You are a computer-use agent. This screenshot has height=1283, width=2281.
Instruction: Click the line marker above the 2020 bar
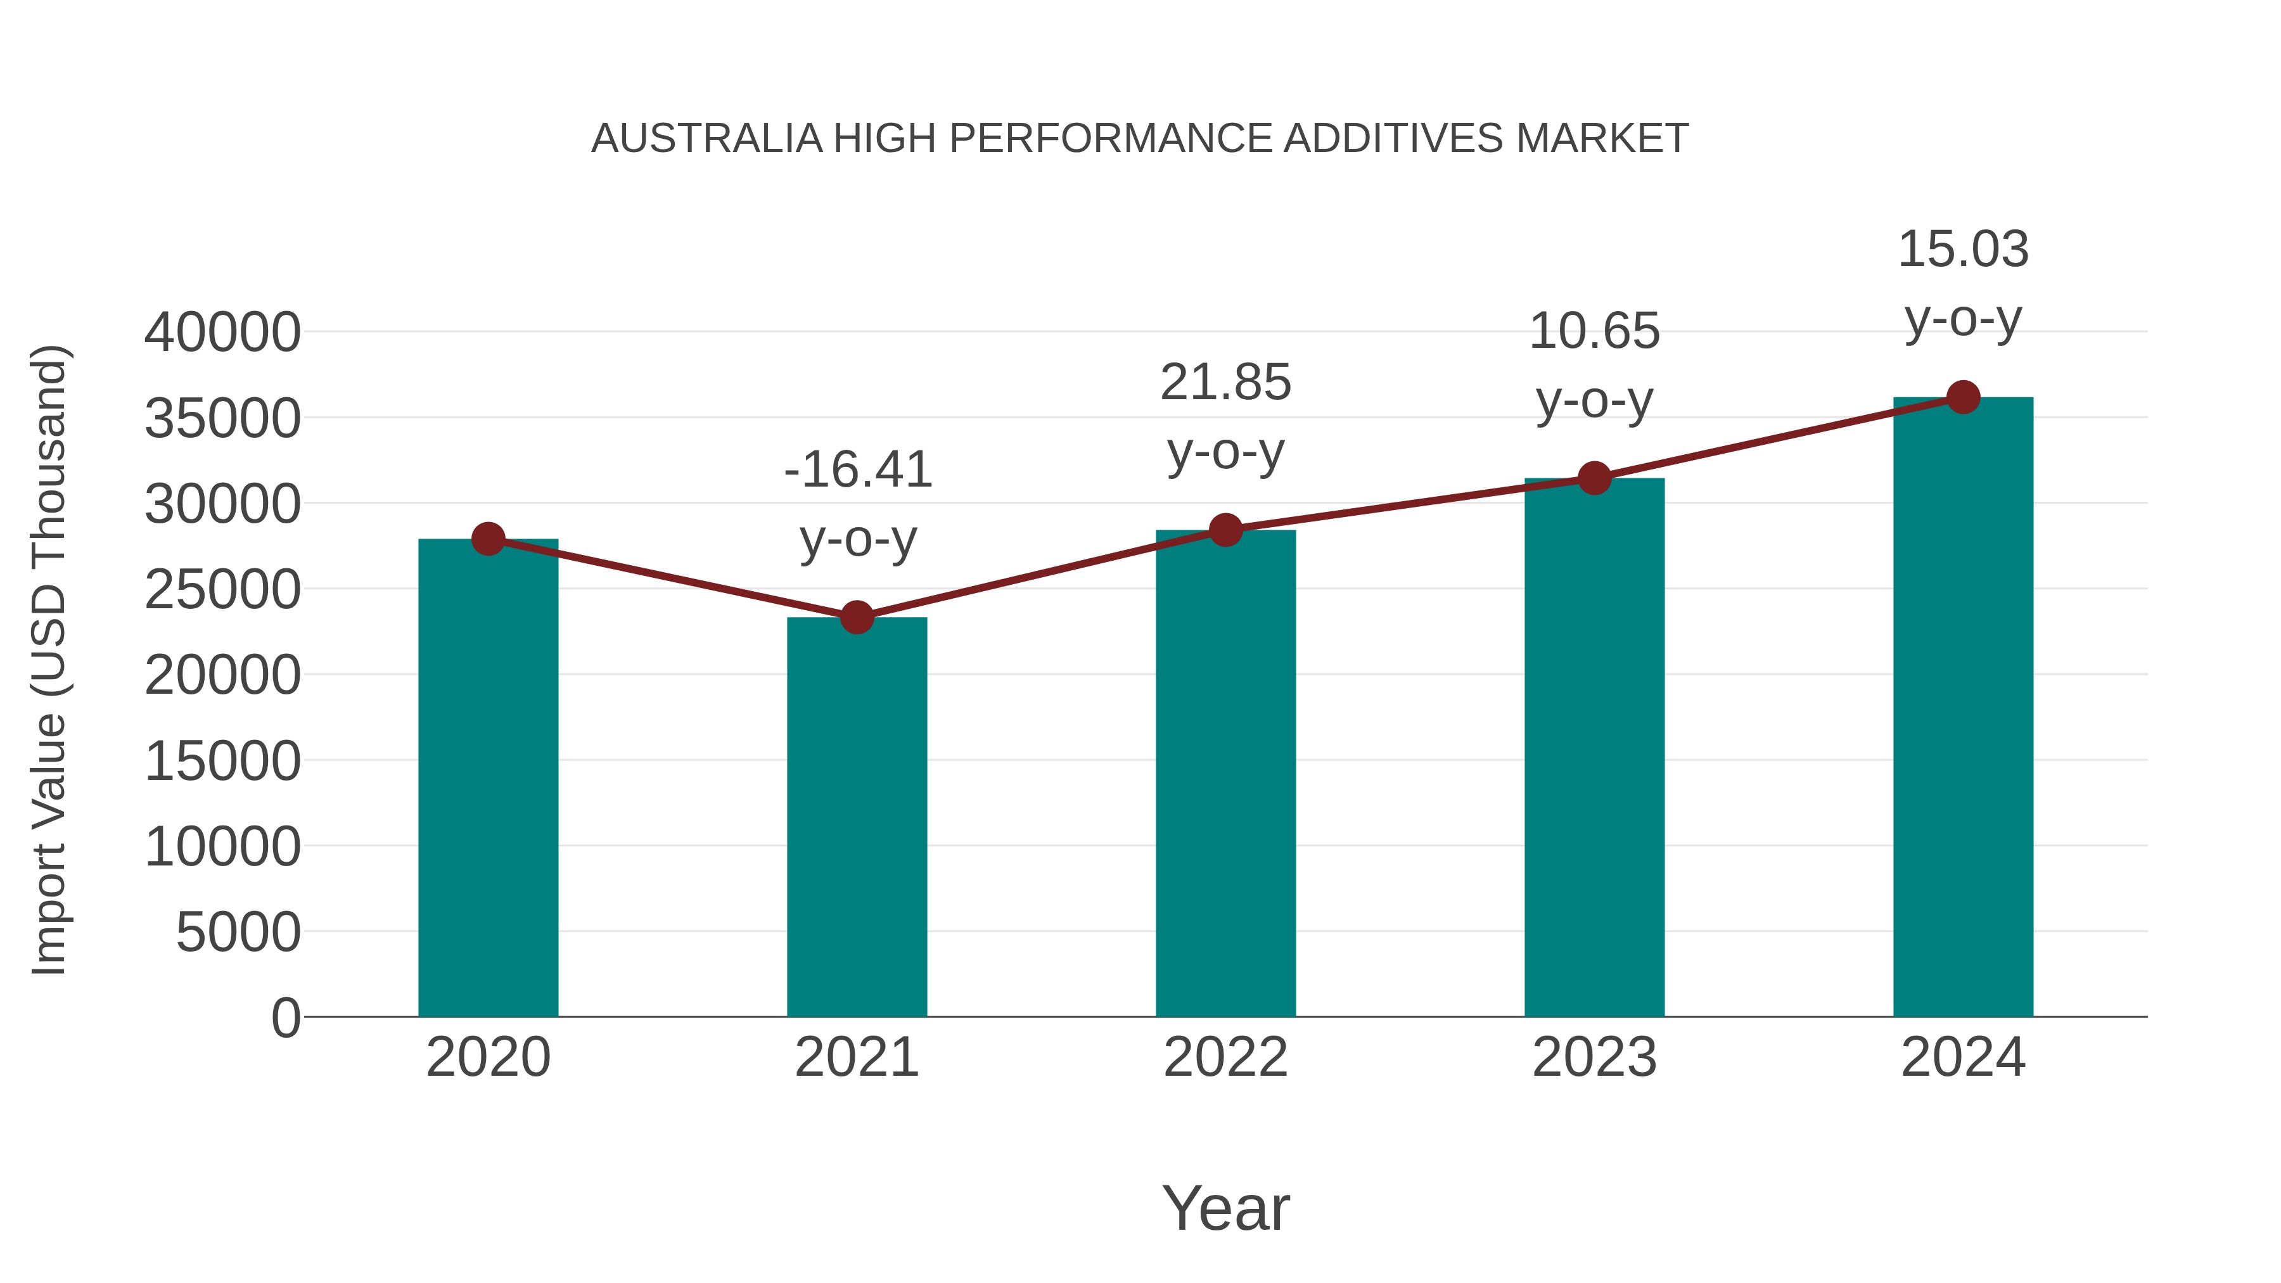[488, 539]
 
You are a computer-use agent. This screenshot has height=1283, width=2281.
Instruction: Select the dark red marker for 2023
[1594, 478]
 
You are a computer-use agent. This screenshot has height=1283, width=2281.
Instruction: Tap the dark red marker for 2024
[1963, 397]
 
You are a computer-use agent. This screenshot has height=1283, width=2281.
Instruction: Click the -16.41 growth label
[857, 469]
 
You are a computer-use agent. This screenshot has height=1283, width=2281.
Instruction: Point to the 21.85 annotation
[1225, 383]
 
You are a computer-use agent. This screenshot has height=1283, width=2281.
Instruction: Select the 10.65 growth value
[1594, 331]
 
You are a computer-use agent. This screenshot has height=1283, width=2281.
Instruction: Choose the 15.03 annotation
[1963, 249]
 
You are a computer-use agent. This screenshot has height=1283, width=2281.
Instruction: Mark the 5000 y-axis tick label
[238, 933]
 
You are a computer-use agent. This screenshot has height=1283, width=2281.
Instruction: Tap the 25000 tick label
[222, 590]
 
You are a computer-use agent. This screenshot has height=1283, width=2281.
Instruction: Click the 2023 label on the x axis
[1594, 1057]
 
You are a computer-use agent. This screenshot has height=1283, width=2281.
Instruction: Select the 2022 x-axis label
[1225, 1057]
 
